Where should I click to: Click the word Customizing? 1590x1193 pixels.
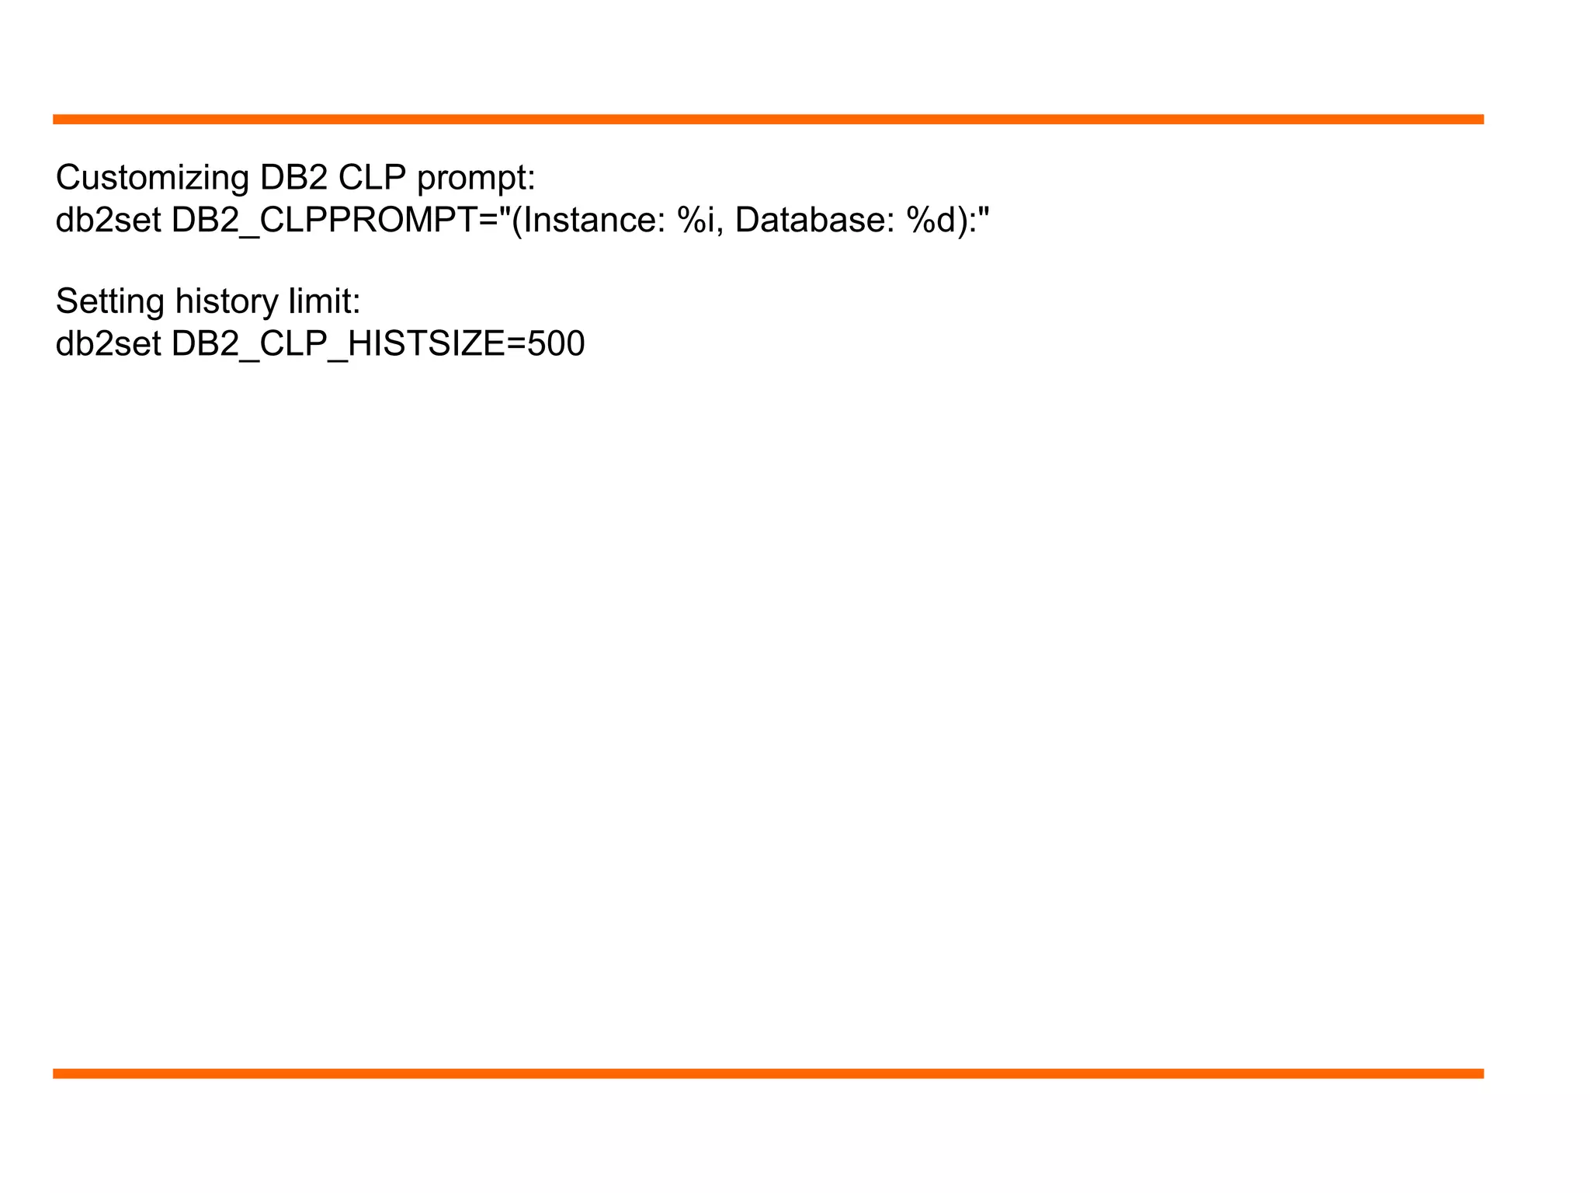(x=152, y=179)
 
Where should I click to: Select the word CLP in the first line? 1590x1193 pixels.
(x=372, y=178)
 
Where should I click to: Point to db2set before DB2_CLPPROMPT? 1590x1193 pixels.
(x=108, y=220)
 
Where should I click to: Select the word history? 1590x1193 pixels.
(x=226, y=302)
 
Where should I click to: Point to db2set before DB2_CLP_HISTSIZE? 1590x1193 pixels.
(x=108, y=343)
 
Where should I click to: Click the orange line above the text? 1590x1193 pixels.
(x=768, y=120)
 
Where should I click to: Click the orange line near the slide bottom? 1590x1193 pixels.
(x=768, y=1073)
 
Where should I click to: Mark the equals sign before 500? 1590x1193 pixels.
(x=516, y=344)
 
